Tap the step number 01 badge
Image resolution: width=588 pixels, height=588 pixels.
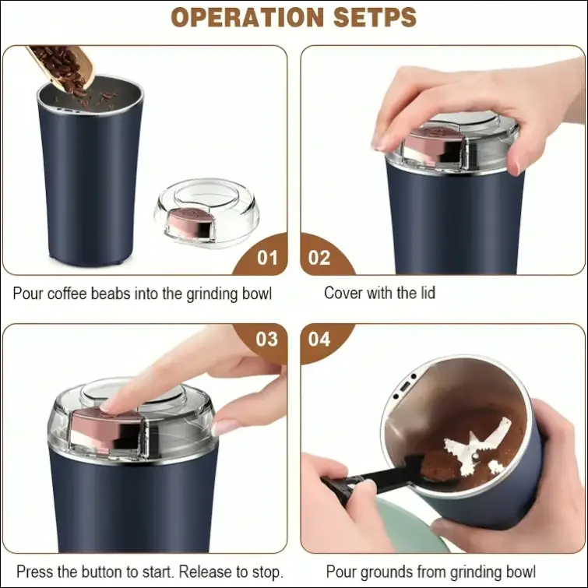click(x=266, y=256)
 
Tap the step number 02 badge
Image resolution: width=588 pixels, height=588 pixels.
click(x=320, y=256)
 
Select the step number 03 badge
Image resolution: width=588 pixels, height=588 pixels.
click(x=266, y=339)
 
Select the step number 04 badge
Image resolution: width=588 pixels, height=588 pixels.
click(x=320, y=339)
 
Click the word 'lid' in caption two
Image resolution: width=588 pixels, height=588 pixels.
click(x=427, y=294)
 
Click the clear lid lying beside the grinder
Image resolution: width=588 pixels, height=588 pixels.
click(x=206, y=210)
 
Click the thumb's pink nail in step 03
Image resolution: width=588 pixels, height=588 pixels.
click(x=225, y=428)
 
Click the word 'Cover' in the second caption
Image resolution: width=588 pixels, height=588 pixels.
click(x=342, y=294)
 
